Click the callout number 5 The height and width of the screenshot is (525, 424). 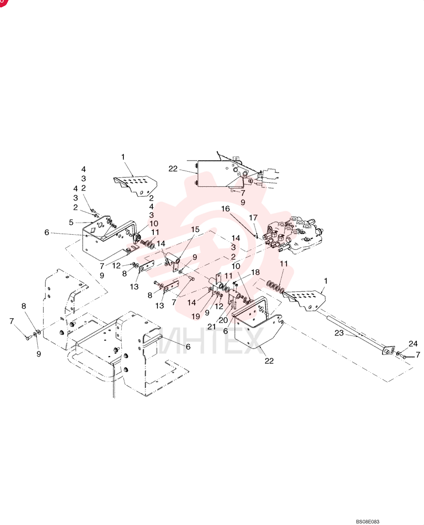pyautogui.click(x=71, y=222)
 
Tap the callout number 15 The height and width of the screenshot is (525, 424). pyautogui.click(x=195, y=229)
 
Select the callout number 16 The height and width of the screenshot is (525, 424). pyautogui.click(x=226, y=208)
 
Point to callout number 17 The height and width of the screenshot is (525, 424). pyautogui.click(x=253, y=218)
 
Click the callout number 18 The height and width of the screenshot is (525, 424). pyautogui.click(x=256, y=272)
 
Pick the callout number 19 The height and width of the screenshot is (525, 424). pyautogui.click(x=196, y=316)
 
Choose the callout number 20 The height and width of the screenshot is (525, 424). pyautogui.click(x=223, y=320)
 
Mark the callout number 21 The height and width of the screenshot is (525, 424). pyautogui.click(x=211, y=327)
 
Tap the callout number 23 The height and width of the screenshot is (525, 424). pyautogui.click(x=339, y=333)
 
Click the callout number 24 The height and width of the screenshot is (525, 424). pyautogui.click(x=413, y=343)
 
